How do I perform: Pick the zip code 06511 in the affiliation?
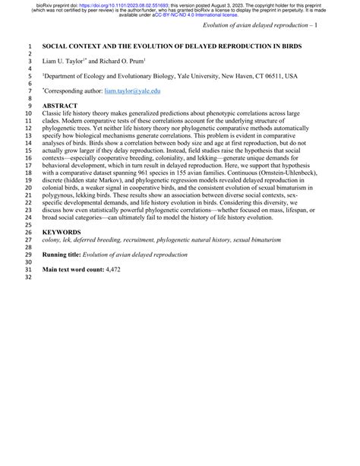tap(277, 76)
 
